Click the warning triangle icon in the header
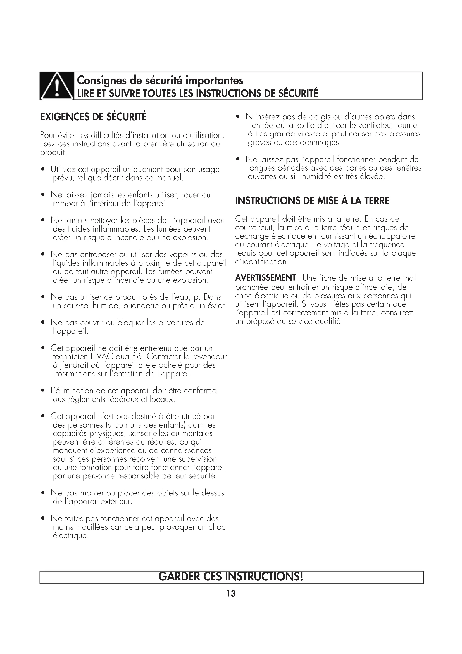(57, 86)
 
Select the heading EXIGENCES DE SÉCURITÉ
(93, 117)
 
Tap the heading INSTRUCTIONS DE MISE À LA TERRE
(312, 201)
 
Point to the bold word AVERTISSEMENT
(265, 278)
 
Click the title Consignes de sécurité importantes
(160, 81)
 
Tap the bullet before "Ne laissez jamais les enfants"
(43, 195)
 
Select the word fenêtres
(408, 168)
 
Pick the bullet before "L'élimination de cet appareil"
(43, 391)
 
